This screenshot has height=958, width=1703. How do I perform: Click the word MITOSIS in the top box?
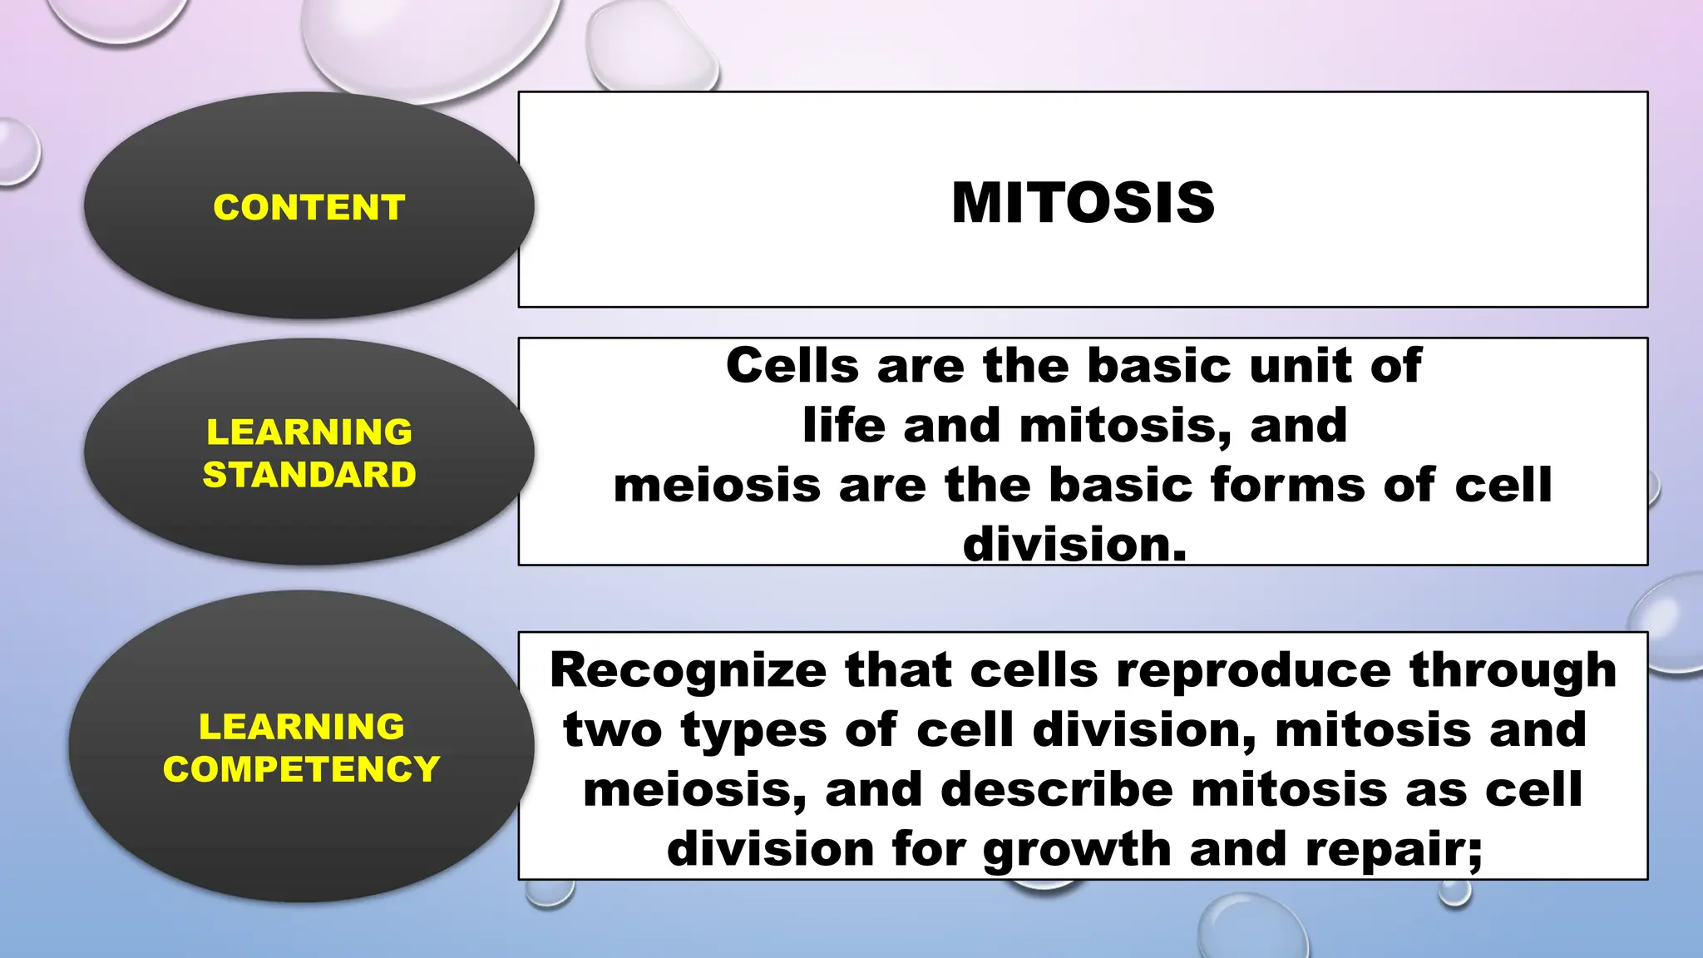click(x=1083, y=203)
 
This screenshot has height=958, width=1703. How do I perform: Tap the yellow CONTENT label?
click(x=309, y=207)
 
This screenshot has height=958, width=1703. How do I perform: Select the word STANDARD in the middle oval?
click(x=309, y=475)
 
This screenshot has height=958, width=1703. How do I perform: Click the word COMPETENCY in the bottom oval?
click(x=301, y=769)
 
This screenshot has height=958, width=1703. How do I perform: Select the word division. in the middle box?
click(x=1074, y=545)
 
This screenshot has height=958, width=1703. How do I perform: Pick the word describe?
click(x=1056, y=790)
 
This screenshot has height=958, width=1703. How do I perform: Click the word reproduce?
click(x=1253, y=670)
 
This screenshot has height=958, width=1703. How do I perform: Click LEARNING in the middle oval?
click(x=309, y=432)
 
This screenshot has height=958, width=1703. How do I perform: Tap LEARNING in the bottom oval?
click(x=301, y=727)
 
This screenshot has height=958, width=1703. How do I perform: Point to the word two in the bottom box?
click(x=613, y=730)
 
